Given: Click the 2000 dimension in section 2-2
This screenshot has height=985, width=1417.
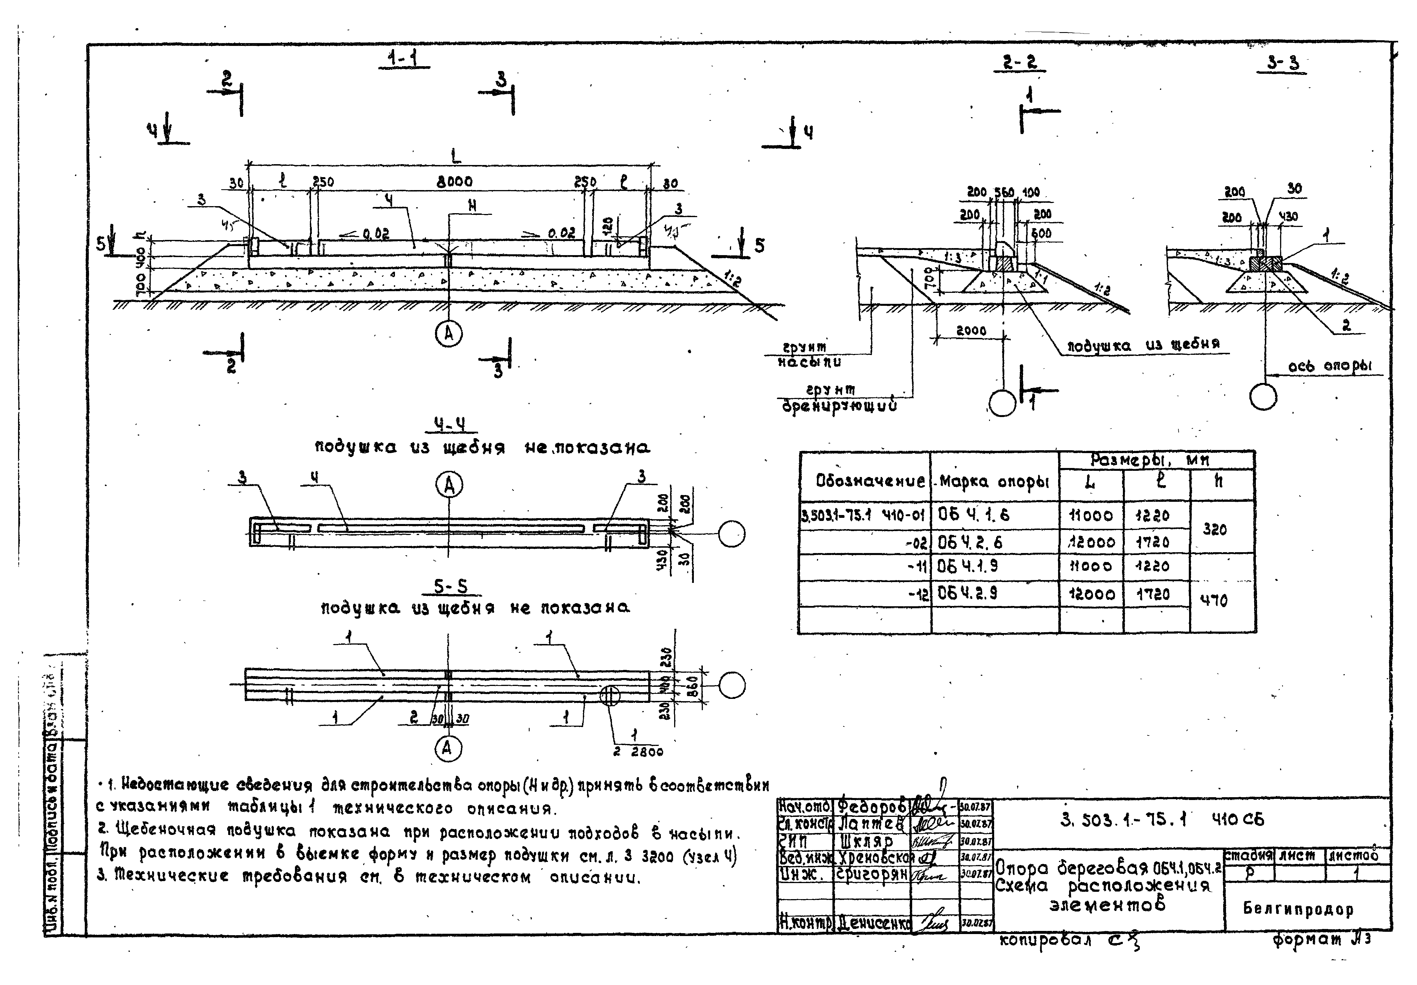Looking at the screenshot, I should [x=971, y=331].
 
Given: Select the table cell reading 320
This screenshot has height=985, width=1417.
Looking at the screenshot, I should [x=1214, y=529].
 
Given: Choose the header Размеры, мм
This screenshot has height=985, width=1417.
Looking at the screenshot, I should [x=1149, y=460].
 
